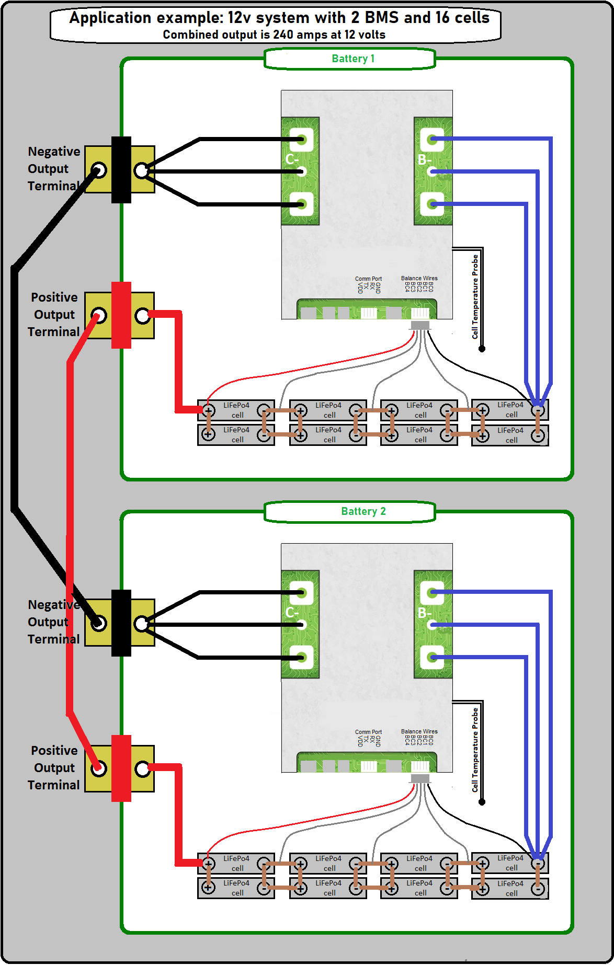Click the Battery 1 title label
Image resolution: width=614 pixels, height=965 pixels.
(353, 59)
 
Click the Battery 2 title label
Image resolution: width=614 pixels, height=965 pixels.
(363, 511)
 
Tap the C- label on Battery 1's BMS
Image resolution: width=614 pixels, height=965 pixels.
(292, 159)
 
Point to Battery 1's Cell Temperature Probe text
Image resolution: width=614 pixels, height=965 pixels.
(475, 296)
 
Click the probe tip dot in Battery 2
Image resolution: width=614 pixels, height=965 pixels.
(482, 802)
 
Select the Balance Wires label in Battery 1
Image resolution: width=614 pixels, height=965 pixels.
(419, 278)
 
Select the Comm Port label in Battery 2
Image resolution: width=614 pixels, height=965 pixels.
(368, 732)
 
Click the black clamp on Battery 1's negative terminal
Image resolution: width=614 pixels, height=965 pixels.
(121, 170)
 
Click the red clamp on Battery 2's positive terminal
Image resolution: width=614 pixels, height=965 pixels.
(121, 768)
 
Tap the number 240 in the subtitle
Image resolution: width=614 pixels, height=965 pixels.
(283, 35)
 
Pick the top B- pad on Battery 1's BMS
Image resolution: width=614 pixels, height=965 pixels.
(432, 139)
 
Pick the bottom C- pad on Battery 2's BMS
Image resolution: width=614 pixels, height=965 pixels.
(302, 658)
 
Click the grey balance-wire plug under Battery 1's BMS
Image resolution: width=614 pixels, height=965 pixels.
(420, 325)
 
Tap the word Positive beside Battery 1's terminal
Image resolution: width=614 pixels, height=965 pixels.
(54, 297)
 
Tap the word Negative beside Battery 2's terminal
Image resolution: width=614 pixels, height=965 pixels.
(54, 605)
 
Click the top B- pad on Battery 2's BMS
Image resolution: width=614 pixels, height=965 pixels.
(432, 592)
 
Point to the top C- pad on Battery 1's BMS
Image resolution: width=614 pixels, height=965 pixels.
(302, 139)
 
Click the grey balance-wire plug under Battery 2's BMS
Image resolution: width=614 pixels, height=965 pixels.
(420, 778)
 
